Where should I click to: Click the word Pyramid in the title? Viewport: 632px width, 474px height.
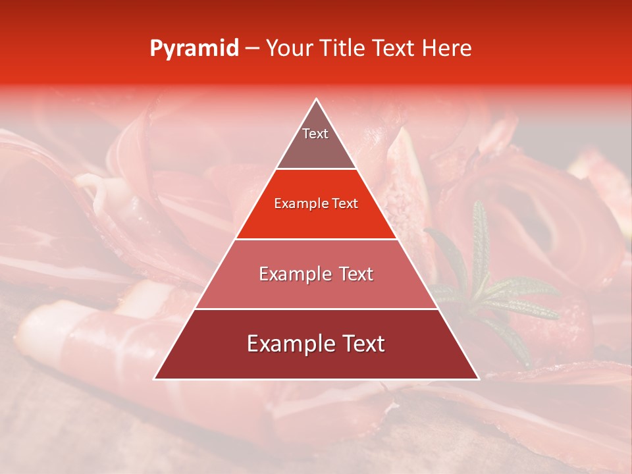click(x=194, y=49)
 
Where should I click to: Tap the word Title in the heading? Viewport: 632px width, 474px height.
click(x=344, y=49)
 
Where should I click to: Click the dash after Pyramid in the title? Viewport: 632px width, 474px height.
click(x=251, y=49)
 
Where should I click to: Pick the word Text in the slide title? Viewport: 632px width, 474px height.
click(x=395, y=49)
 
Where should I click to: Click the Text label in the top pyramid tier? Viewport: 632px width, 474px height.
click(x=315, y=134)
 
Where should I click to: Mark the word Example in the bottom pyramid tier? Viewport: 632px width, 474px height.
click(x=288, y=344)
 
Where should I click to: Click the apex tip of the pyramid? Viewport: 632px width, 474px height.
click(x=317, y=99)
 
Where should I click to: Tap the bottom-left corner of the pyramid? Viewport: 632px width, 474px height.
click(x=155, y=379)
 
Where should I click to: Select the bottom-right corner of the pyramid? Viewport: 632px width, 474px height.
click(x=479, y=379)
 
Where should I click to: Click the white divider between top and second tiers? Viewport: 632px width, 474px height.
click(x=317, y=169)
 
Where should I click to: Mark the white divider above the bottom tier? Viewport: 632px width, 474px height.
click(x=317, y=309)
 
